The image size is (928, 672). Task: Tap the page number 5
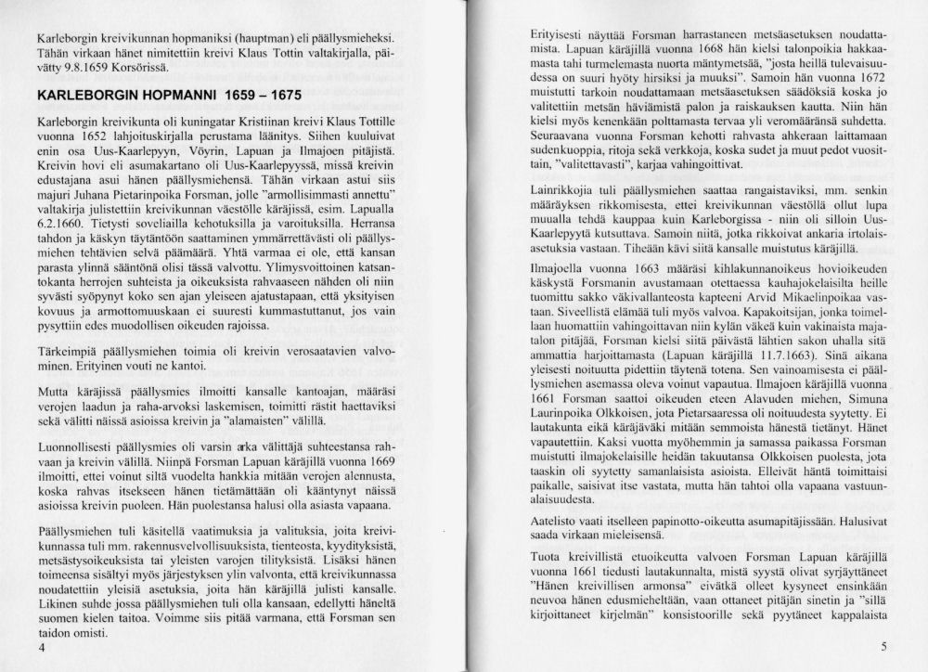[885, 647]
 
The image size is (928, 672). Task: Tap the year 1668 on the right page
[664, 48]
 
